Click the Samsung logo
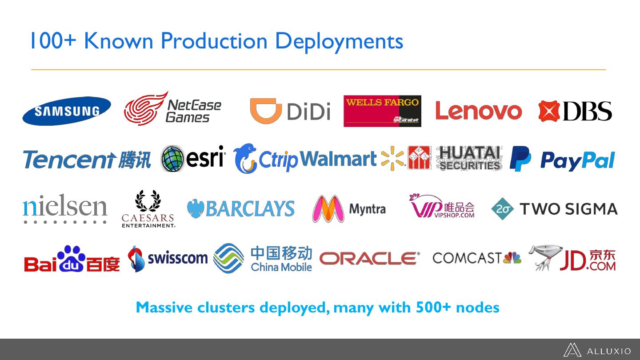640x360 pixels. (x=67, y=111)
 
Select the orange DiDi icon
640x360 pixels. (x=266, y=110)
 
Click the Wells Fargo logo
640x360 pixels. (x=382, y=111)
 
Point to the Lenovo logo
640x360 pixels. (x=478, y=111)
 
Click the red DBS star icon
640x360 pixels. (x=549, y=111)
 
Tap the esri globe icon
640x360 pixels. (x=172, y=159)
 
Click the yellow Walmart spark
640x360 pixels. (x=392, y=158)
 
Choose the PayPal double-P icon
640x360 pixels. (x=520, y=159)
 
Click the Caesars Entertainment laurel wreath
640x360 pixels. (x=148, y=201)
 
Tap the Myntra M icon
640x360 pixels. (x=328, y=209)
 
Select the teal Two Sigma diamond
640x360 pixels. (x=502, y=209)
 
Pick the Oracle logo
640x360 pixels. (x=369, y=258)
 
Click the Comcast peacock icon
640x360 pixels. (x=512, y=258)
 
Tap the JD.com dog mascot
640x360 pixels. (x=544, y=256)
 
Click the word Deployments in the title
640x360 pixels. (x=339, y=41)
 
